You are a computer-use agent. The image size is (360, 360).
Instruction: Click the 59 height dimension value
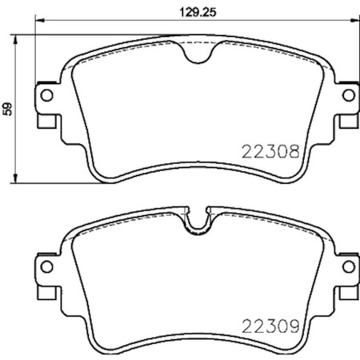click(x=8, y=107)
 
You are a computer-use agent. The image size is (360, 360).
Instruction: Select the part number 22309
click(x=271, y=326)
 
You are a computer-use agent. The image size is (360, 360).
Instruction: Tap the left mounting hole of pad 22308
click(x=46, y=97)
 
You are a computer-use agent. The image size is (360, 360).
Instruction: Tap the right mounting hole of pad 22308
click(x=348, y=97)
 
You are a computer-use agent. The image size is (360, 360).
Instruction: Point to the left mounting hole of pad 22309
click(x=46, y=268)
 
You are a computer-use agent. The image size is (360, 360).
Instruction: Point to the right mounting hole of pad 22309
click(x=348, y=268)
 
